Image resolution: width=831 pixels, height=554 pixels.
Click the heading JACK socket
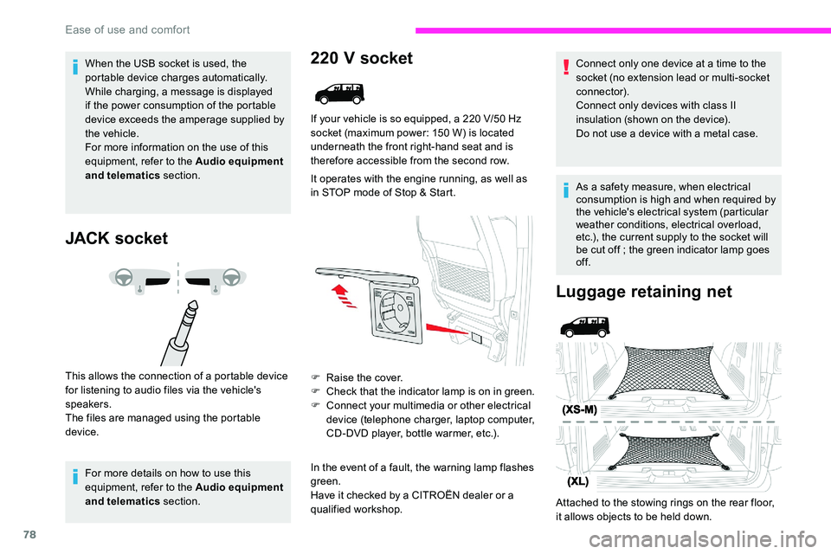point(116,238)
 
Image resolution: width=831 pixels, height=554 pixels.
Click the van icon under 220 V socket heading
point(338,92)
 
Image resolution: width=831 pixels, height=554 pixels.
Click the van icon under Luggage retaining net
point(584,326)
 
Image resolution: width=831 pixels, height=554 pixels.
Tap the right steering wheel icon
point(231,277)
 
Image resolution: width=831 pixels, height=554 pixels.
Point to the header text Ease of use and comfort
point(127,29)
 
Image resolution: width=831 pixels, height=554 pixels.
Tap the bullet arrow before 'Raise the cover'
point(315,378)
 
